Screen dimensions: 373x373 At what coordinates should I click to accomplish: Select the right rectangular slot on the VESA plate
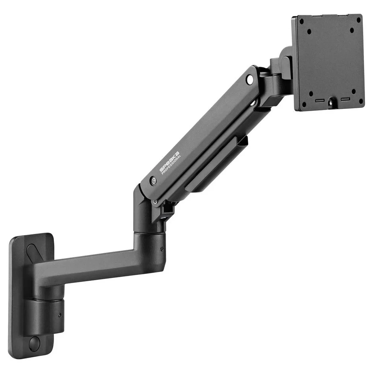click(345, 99)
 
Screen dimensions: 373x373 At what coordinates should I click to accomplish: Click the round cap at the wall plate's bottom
click(34, 343)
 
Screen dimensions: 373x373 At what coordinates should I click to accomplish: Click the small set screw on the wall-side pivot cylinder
click(60, 314)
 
